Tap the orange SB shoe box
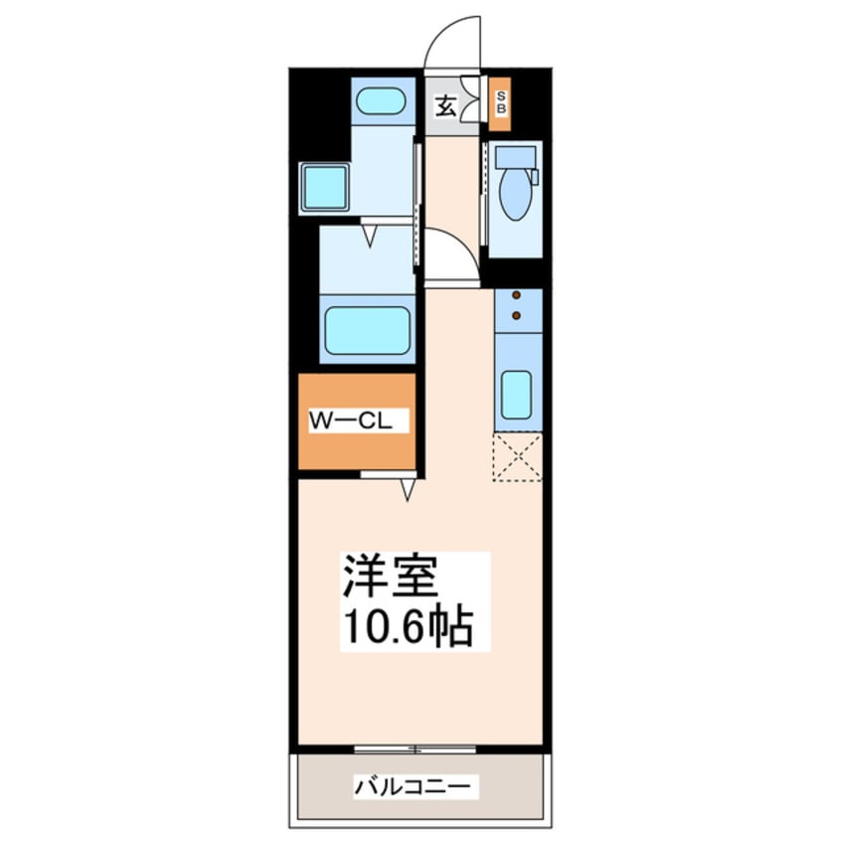pos(501,102)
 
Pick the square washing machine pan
pos(325,186)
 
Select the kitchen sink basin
pos(517,395)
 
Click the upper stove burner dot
pos(517,296)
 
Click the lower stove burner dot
pos(517,315)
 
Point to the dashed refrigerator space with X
pos(518,457)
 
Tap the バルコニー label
pos(417,786)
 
